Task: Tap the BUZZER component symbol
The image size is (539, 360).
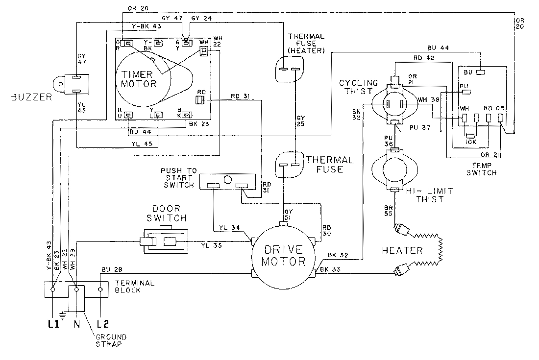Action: (71, 84)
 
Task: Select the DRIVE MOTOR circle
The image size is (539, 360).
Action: (282, 254)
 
